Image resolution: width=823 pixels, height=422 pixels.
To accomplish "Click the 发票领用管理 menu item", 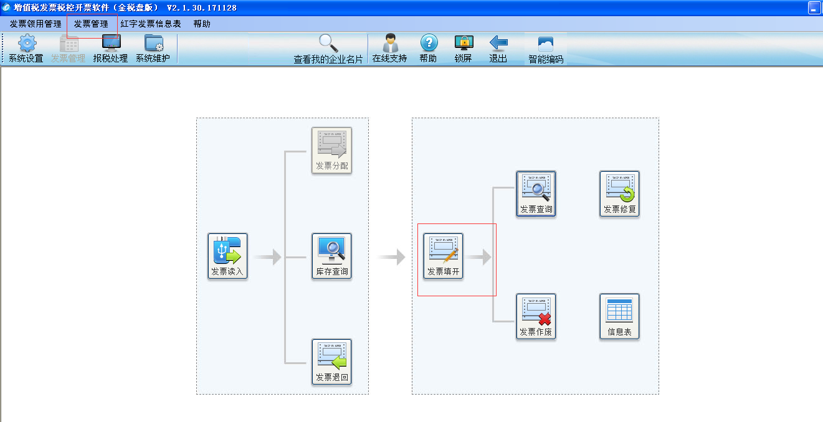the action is (x=36, y=24).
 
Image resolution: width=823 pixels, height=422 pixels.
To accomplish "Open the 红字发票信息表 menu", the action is (x=151, y=24).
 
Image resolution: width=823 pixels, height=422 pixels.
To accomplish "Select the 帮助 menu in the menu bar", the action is (x=202, y=24).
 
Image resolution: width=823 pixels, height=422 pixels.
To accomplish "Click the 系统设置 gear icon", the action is (x=27, y=44).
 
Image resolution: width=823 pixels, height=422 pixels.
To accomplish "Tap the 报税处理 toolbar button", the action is (x=110, y=49).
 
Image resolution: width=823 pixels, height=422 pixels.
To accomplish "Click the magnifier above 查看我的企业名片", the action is (x=328, y=44).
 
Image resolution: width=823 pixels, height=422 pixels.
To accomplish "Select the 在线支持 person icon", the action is (x=390, y=44).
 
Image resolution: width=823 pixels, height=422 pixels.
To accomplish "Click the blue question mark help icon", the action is (x=429, y=43).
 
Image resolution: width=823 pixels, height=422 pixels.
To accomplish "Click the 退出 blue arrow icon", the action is (x=498, y=43).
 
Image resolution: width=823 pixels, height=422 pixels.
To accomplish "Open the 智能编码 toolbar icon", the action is (x=546, y=44).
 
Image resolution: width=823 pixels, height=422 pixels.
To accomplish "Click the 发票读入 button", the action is (x=227, y=256).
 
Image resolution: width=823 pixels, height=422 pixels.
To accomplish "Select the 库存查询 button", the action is (x=332, y=256).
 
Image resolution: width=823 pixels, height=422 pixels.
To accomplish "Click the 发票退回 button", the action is (x=332, y=362).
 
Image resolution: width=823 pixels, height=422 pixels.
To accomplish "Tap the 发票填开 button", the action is (x=443, y=256).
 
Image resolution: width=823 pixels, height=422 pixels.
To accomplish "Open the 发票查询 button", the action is (x=536, y=194).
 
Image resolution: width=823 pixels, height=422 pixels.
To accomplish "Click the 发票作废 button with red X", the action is (x=536, y=316).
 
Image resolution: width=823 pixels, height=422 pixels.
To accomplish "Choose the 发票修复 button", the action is (x=619, y=194).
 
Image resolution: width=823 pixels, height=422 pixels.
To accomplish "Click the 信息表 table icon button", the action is (x=619, y=316).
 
